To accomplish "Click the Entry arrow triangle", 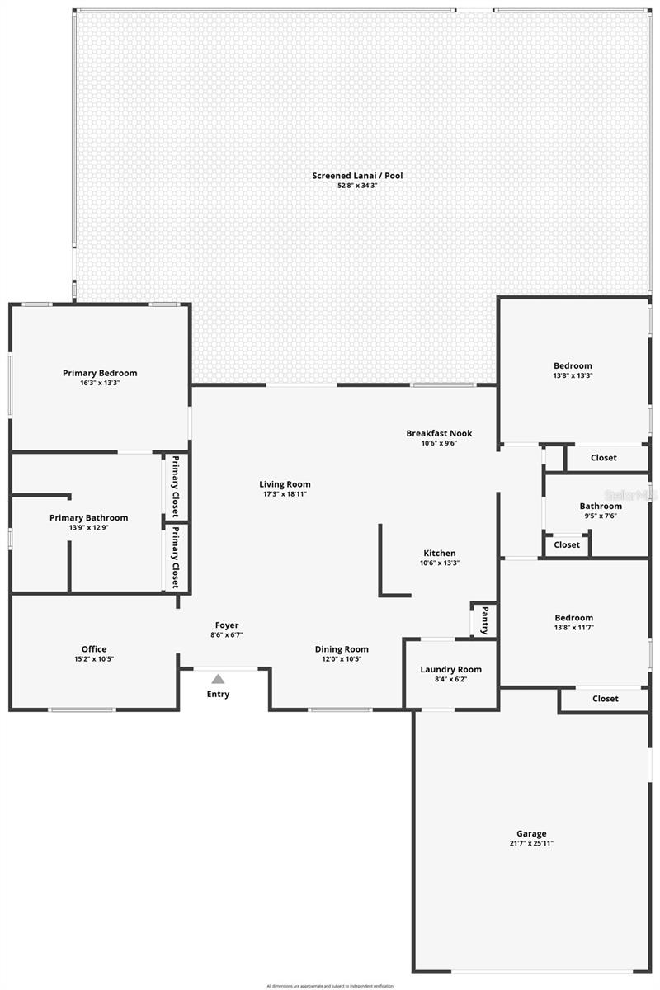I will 218,679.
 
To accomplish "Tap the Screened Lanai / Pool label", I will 357,175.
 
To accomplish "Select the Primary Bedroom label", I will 100,373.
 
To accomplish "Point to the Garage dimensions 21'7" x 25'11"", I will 531,844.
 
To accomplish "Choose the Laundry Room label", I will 450,669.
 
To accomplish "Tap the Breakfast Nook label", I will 439,433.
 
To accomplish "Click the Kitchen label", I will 440,553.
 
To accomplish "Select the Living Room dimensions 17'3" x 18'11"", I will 285,494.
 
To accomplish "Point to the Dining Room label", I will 342,648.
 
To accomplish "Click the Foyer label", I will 227,625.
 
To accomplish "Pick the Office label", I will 94,648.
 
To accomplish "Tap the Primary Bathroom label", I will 89,517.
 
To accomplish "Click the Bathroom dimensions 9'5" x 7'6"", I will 600,516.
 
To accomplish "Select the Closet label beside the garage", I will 605,698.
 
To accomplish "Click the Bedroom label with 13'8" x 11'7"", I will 573,617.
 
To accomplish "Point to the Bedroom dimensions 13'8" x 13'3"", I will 573,375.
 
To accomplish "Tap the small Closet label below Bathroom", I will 567,544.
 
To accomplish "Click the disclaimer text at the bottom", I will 330,985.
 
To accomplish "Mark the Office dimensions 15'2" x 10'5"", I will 94,658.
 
